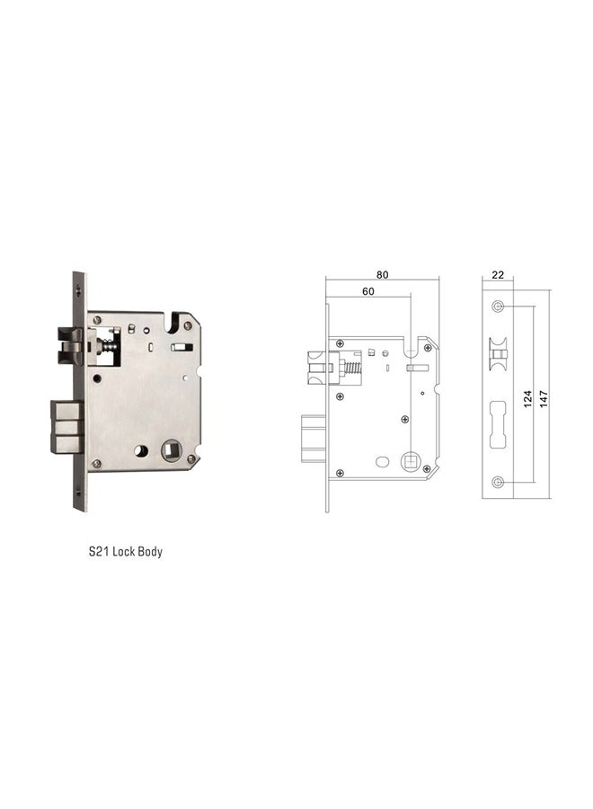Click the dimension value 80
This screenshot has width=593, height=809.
click(x=383, y=275)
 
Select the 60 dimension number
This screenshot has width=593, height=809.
click(x=368, y=291)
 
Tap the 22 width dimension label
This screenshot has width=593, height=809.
click(x=497, y=275)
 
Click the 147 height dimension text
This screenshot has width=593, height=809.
click(x=543, y=396)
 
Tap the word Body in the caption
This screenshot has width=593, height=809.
click(x=150, y=552)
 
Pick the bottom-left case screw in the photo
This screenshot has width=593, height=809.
click(x=97, y=464)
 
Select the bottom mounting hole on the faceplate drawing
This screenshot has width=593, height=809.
click(x=498, y=483)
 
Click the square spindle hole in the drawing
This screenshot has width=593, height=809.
click(x=412, y=460)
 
